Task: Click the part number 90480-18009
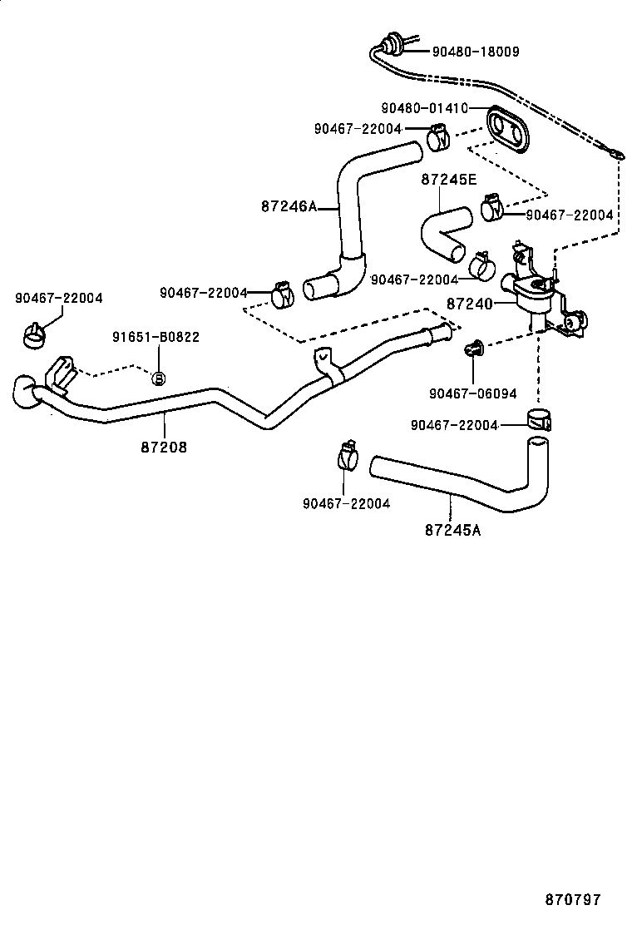[476, 52]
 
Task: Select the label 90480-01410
[424, 108]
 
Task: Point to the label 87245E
[450, 179]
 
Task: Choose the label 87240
[470, 304]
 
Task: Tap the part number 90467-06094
[473, 393]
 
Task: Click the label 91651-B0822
[156, 337]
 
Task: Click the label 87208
[163, 447]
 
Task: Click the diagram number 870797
[572, 900]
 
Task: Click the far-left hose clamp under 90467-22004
[34, 335]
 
